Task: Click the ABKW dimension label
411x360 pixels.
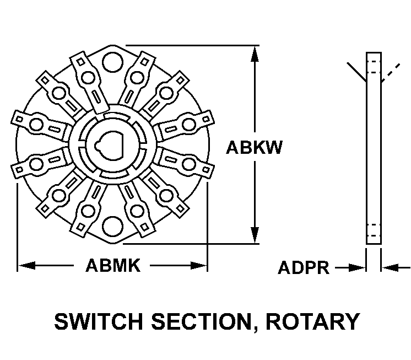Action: coord(255,148)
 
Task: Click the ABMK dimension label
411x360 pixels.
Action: coord(113,266)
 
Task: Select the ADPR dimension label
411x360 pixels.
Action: coord(304,268)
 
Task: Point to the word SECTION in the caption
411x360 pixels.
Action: coord(204,321)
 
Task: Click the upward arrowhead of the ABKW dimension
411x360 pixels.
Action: coord(255,53)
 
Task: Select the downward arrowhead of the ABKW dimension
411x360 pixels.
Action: coord(255,236)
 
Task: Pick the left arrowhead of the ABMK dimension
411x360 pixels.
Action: coord(25,266)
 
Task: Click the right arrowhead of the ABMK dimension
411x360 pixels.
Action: coord(199,266)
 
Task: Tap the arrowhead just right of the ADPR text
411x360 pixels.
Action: coord(359,268)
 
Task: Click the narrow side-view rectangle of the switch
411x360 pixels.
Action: coord(374,148)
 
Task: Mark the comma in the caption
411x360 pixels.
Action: coord(252,329)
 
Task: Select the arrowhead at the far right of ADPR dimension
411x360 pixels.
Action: coord(387,268)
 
